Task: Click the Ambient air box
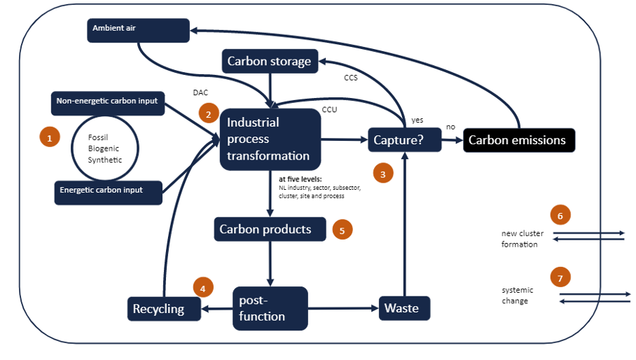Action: pyautogui.click(x=138, y=29)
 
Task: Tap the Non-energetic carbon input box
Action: pyautogui.click(x=107, y=102)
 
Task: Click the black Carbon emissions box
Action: pyautogui.click(x=518, y=140)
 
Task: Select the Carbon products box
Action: pyautogui.click(x=270, y=229)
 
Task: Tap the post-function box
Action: pyautogui.click(x=270, y=308)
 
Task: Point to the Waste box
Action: pyautogui.click(x=404, y=308)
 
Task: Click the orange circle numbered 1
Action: pyautogui.click(x=49, y=138)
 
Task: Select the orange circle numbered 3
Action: pyautogui.click(x=382, y=174)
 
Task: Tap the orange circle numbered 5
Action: pyautogui.click(x=342, y=229)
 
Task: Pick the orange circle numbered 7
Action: pyautogui.click(x=560, y=277)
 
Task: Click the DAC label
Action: pyautogui.click(x=200, y=92)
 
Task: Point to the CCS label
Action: pyautogui.click(x=351, y=78)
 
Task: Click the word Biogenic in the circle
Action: pyautogui.click(x=104, y=148)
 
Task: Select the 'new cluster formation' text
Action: pyautogui.click(x=522, y=239)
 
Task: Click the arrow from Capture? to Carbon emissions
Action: pyautogui.click(x=451, y=140)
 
